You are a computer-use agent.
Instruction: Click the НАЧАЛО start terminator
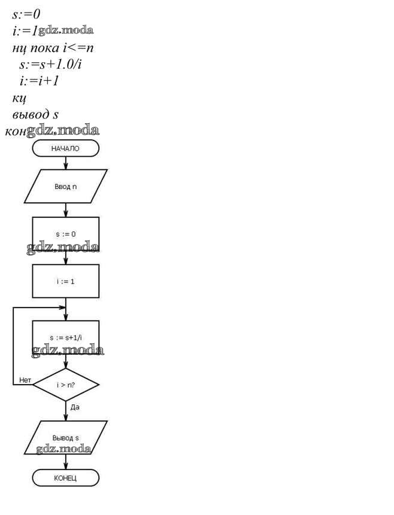coord(65,148)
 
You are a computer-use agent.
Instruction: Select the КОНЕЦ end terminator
coord(65,478)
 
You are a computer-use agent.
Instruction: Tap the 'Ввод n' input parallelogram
coord(65,187)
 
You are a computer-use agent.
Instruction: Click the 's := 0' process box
coord(65,233)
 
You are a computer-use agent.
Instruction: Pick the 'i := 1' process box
coord(65,281)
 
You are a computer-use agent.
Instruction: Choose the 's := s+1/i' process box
coord(65,337)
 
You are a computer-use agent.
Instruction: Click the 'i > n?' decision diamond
coord(65,385)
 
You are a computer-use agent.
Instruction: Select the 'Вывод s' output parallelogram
coord(65,437)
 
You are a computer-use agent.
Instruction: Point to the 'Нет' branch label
coord(25,380)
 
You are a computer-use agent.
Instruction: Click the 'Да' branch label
coord(75,407)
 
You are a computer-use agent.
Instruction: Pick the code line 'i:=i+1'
coord(39,80)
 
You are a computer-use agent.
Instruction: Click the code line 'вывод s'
coord(35,114)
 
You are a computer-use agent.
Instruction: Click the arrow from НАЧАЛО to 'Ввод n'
coord(65,163)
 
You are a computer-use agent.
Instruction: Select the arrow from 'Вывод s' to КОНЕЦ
coord(65,461)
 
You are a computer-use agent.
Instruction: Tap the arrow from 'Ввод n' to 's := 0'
coord(65,210)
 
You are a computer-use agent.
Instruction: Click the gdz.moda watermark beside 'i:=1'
coord(66,30)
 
